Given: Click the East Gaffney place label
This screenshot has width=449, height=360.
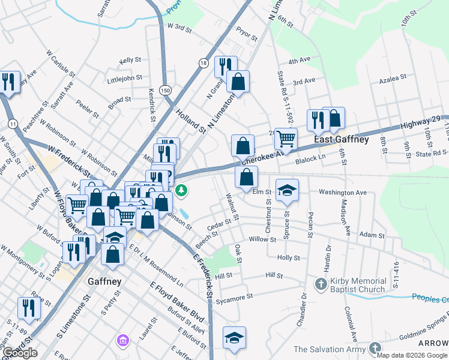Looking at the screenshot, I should pyautogui.click(x=342, y=139).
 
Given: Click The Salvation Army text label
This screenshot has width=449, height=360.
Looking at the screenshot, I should pyautogui.click(x=330, y=349).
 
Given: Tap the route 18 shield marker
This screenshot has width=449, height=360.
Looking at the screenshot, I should pyautogui.click(x=204, y=63).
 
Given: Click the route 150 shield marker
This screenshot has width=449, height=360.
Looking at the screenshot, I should pyautogui.click(x=165, y=89).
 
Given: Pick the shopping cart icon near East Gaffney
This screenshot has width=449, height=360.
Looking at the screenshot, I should pyautogui.click(x=286, y=139).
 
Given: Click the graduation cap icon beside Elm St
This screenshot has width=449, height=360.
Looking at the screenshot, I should pyautogui.click(x=288, y=190).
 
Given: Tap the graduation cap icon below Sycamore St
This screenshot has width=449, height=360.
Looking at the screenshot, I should pyautogui.click(x=234, y=337).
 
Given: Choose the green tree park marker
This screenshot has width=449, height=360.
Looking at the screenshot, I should pyautogui.click(x=181, y=191).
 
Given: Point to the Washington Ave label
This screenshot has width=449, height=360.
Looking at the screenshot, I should pyautogui.click(x=342, y=193).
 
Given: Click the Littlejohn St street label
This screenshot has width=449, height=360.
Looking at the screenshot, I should pyautogui.click(x=124, y=77).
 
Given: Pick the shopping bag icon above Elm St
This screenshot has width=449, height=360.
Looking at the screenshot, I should pyautogui.click(x=246, y=178).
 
